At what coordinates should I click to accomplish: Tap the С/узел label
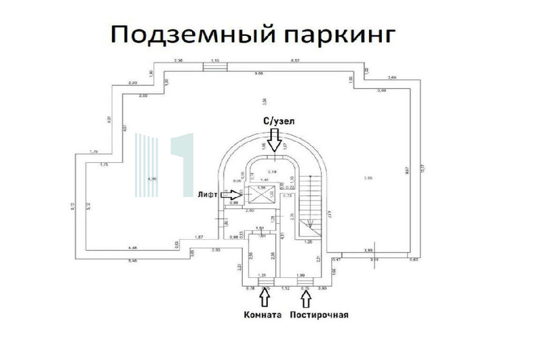click(x=279, y=121)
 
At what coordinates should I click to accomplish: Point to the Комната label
click(x=262, y=315)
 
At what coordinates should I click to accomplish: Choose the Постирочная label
click(x=319, y=315)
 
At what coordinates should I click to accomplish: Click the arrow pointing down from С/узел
click(x=274, y=141)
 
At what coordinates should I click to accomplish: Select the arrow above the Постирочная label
click(x=306, y=299)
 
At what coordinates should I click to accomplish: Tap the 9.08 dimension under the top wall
click(x=259, y=73)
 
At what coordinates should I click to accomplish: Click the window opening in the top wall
click(x=215, y=65)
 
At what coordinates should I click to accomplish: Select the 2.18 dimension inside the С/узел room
click(x=272, y=172)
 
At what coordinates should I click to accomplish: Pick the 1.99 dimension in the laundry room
click(x=301, y=276)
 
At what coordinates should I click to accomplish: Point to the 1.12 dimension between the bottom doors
click(x=285, y=289)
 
